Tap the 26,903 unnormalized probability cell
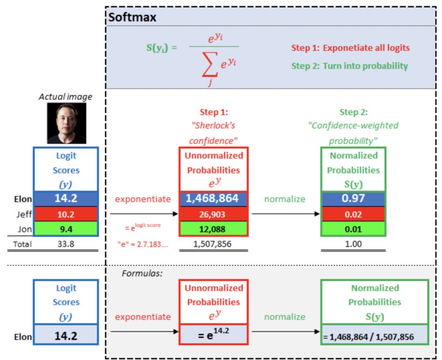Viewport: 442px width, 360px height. pyautogui.click(x=213, y=214)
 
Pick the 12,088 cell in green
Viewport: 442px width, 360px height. pyautogui.click(x=213, y=229)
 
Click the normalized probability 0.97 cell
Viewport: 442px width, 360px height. pyautogui.click(x=353, y=199)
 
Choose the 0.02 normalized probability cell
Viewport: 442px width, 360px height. pyautogui.click(x=353, y=214)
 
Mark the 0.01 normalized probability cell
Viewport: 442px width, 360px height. pyautogui.click(x=353, y=229)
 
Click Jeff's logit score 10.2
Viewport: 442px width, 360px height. pyautogui.click(x=66, y=214)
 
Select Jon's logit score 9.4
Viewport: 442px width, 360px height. pyautogui.click(x=66, y=229)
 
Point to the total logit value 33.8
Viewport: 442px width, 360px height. pyautogui.click(x=66, y=245)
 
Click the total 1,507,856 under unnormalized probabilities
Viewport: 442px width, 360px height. pyautogui.click(x=213, y=245)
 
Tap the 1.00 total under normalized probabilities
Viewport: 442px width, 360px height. pyautogui.click(x=353, y=245)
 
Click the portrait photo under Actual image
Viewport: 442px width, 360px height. pyautogui.click(x=67, y=123)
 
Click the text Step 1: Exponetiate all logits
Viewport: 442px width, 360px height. pyautogui.click(x=350, y=48)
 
